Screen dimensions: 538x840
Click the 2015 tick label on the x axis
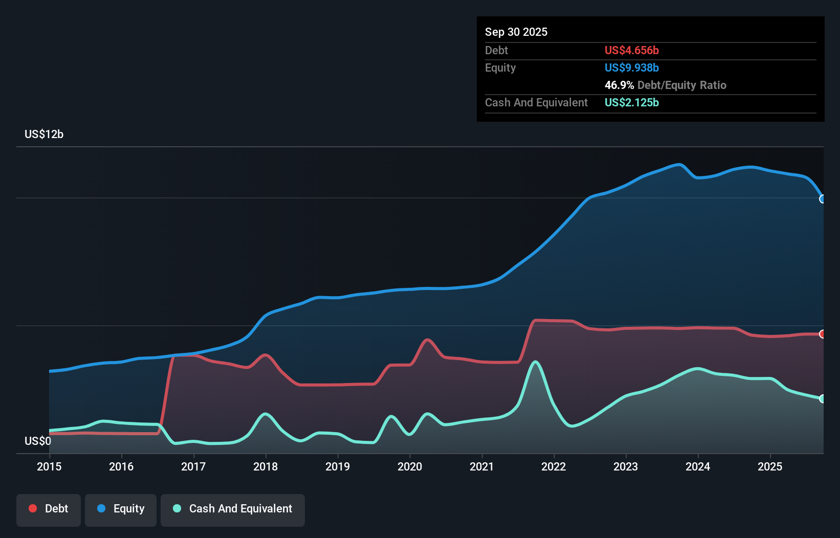tap(49, 466)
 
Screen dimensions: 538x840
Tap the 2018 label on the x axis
tap(266, 466)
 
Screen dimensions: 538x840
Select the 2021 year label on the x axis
tap(482, 466)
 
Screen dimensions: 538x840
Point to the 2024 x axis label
tap(698, 466)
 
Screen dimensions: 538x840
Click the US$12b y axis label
tap(44, 134)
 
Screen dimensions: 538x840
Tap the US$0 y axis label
tap(38, 441)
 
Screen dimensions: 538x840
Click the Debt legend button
tap(49, 508)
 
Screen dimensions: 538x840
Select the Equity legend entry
tap(121, 508)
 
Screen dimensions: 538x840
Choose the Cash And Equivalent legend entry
tap(233, 508)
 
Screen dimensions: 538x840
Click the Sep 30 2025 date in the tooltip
tap(516, 32)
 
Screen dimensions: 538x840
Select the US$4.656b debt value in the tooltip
tap(631, 50)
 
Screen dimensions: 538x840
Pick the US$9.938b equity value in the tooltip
tap(631, 68)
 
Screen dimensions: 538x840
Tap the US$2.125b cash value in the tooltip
tap(631, 102)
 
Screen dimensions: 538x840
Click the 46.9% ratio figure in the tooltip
tap(619, 85)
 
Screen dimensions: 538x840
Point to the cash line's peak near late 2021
tap(535, 362)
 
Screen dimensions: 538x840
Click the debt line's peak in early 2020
tap(427, 340)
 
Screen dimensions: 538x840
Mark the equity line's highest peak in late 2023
tap(679, 165)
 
